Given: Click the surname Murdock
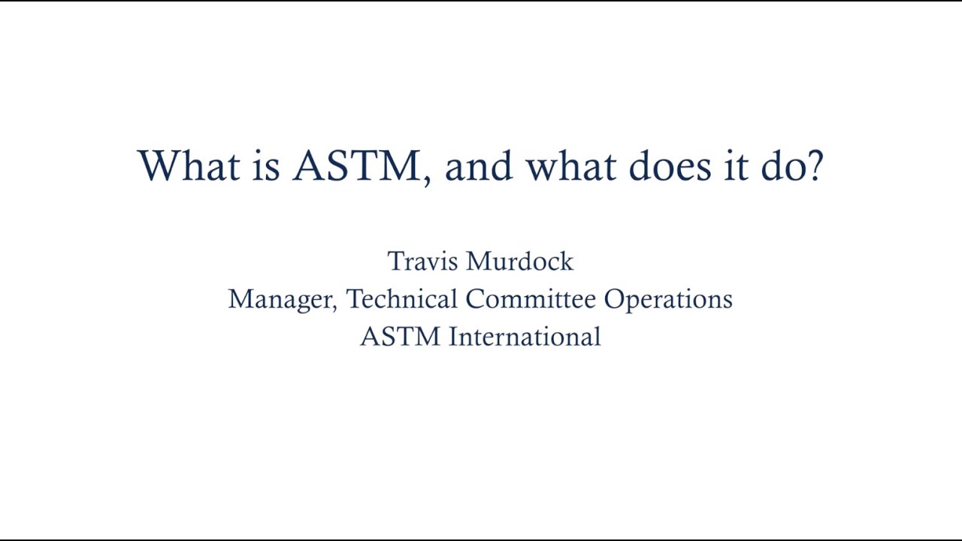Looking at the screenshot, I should [x=519, y=261].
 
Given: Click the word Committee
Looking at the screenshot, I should [x=531, y=299].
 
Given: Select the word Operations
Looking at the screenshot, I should [x=668, y=299].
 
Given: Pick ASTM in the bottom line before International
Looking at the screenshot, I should [x=400, y=337].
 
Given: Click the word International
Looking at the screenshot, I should [x=525, y=337].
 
